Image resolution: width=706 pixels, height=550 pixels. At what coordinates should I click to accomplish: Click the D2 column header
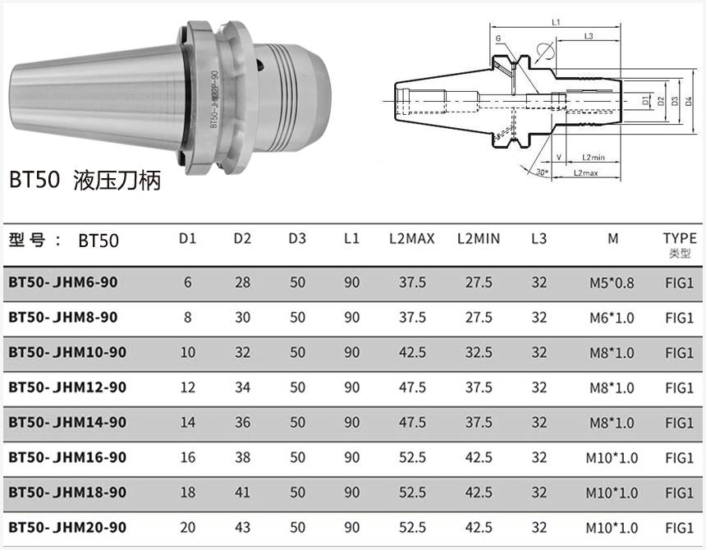pyautogui.click(x=242, y=238)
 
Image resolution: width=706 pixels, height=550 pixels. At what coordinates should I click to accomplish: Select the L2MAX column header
pyautogui.click(x=412, y=238)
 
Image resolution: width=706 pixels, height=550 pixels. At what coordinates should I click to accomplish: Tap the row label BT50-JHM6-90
pyautogui.click(x=63, y=282)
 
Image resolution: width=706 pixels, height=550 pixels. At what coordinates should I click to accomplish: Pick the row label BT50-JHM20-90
pyautogui.click(x=67, y=527)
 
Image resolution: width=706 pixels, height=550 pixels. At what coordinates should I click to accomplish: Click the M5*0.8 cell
pyautogui.click(x=612, y=282)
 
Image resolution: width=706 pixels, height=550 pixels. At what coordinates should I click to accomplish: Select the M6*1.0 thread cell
pyautogui.click(x=612, y=318)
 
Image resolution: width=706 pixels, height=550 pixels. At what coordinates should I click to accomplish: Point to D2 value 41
pyautogui.click(x=242, y=493)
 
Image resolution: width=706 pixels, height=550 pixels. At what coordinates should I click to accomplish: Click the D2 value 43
pyautogui.click(x=242, y=528)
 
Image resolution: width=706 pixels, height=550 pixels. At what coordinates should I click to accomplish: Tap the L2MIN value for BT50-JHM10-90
pyautogui.click(x=479, y=352)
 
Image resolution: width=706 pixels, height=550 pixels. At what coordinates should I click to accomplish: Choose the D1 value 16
pyautogui.click(x=188, y=457)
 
